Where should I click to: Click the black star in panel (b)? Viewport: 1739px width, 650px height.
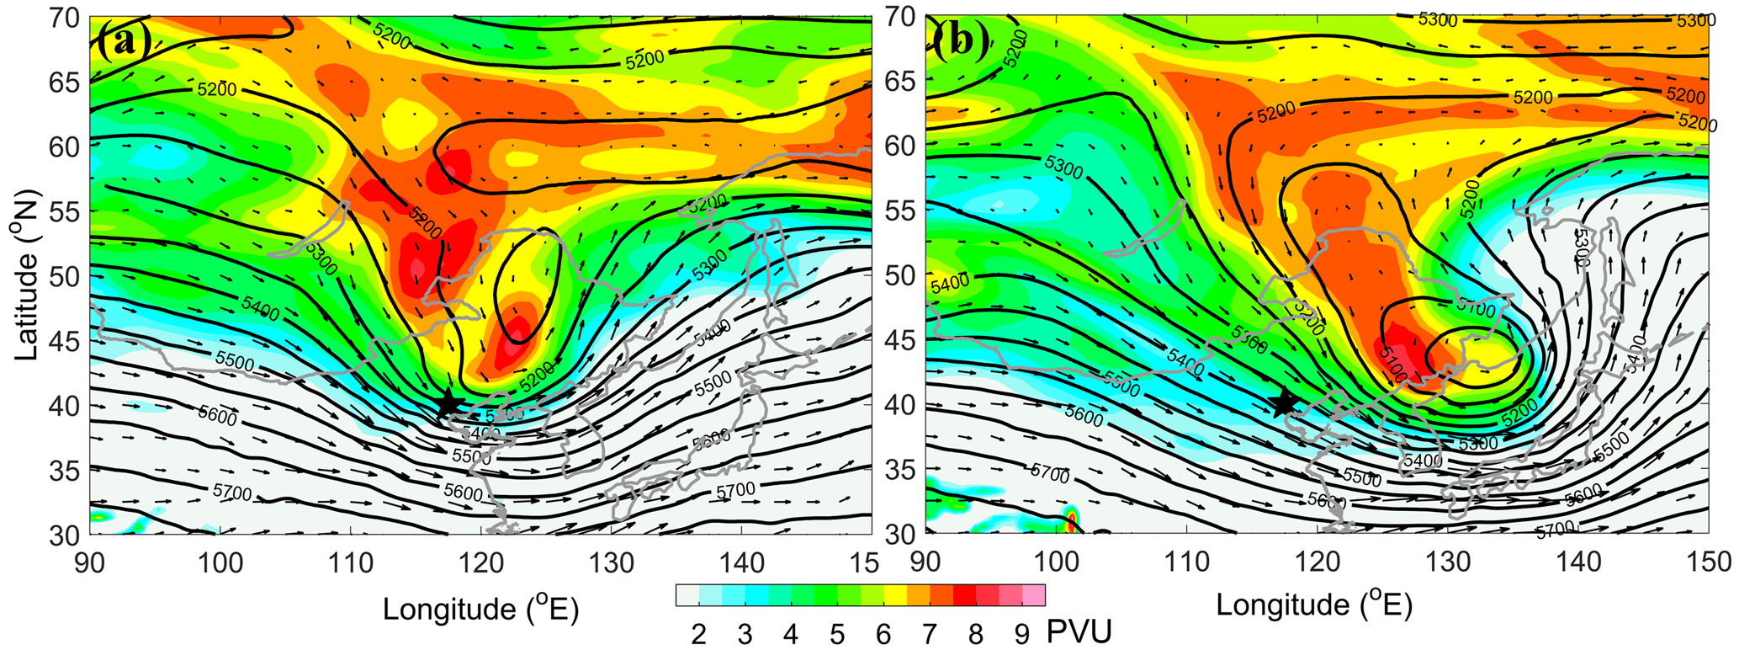point(1284,402)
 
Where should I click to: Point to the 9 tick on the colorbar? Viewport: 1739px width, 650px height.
point(1021,634)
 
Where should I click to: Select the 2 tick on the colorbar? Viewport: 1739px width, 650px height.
point(698,634)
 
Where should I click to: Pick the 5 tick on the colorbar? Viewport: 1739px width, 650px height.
point(837,634)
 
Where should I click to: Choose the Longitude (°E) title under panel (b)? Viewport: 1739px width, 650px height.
point(1313,605)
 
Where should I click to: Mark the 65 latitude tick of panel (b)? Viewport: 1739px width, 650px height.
point(901,82)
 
